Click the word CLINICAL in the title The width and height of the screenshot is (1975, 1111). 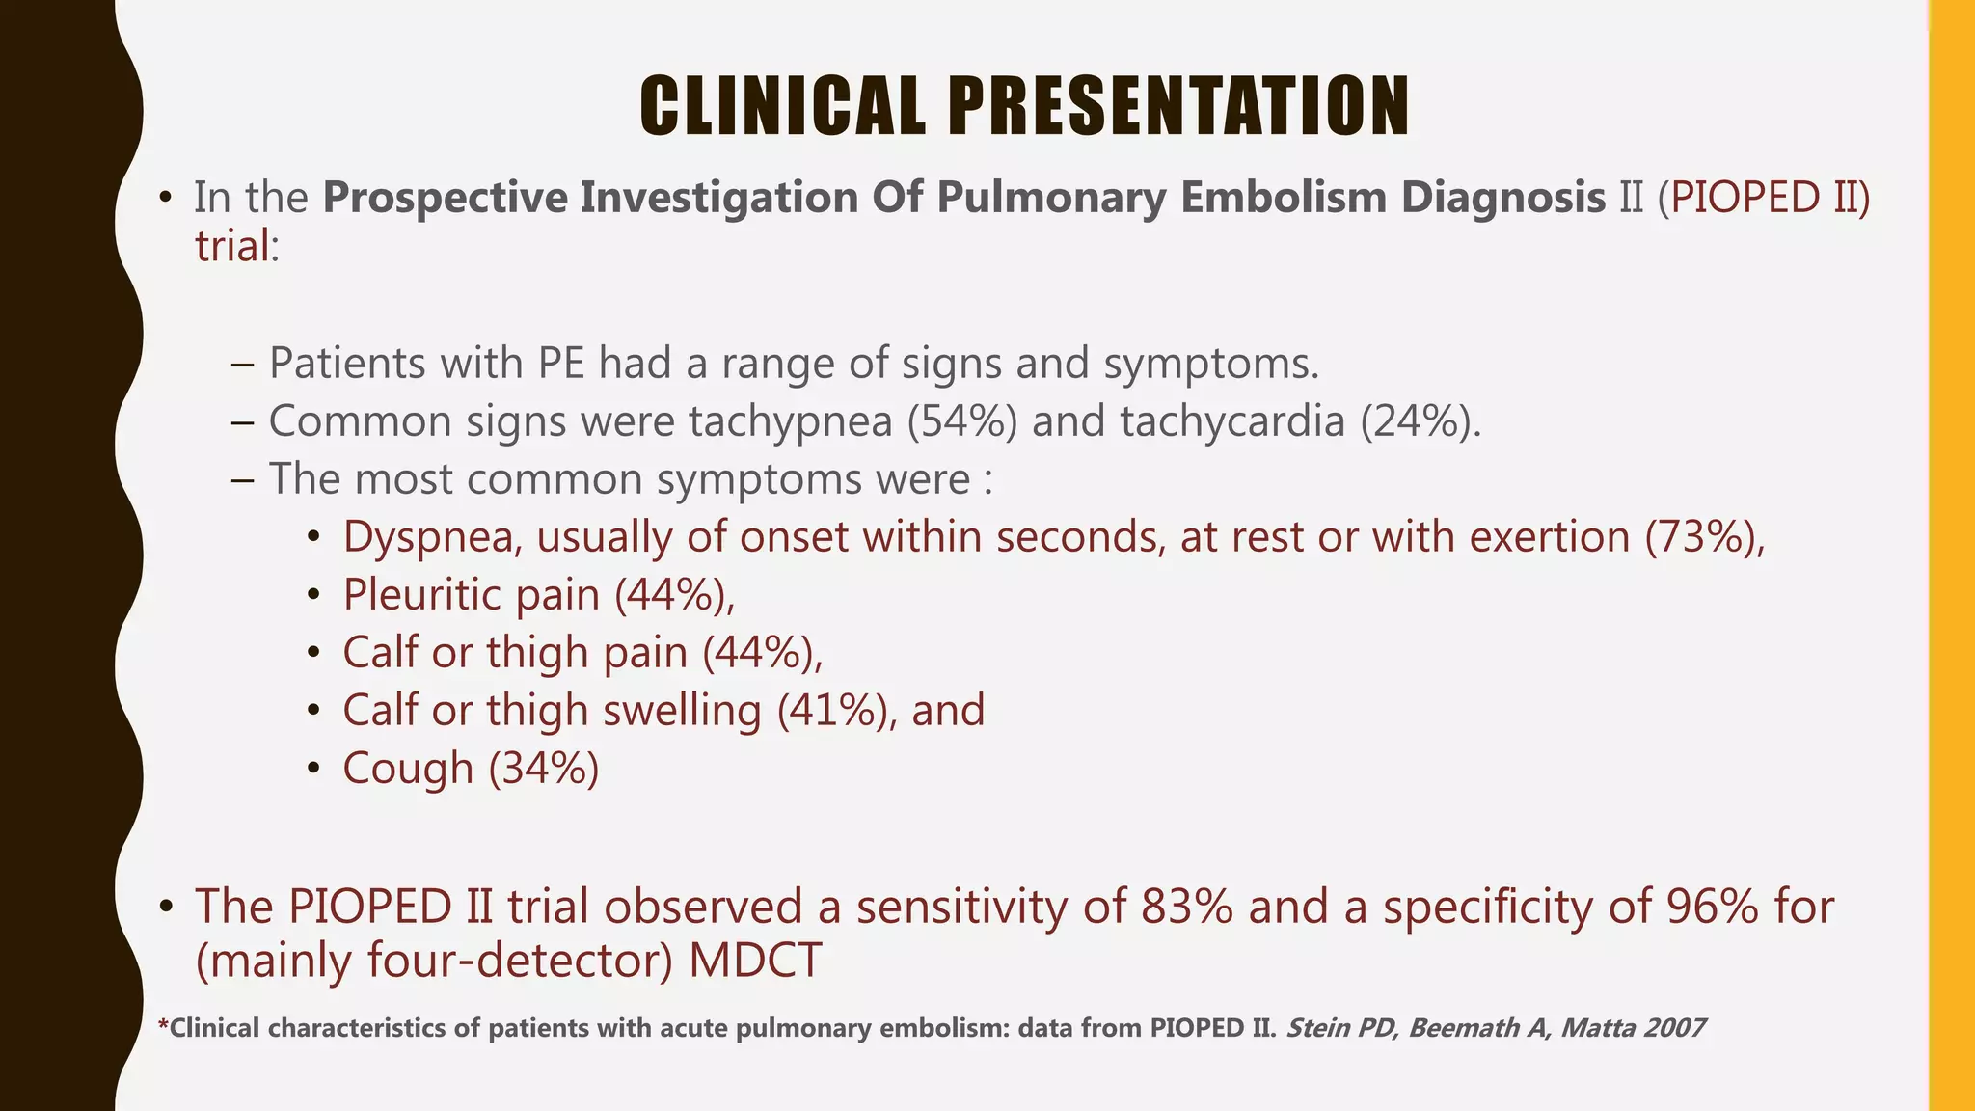point(782,106)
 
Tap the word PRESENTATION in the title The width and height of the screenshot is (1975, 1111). point(1178,106)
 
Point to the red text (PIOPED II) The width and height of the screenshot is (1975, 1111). point(1764,198)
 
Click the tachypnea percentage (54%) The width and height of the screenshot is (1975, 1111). point(961,421)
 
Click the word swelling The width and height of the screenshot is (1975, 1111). point(682,711)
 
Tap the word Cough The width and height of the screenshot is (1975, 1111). point(408,769)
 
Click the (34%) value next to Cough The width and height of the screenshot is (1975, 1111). point(544,769)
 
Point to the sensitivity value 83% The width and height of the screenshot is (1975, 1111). point(1186,907)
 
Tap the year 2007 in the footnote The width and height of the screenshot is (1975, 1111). point(1675,1028)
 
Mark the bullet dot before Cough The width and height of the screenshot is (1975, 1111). point(312,770)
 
